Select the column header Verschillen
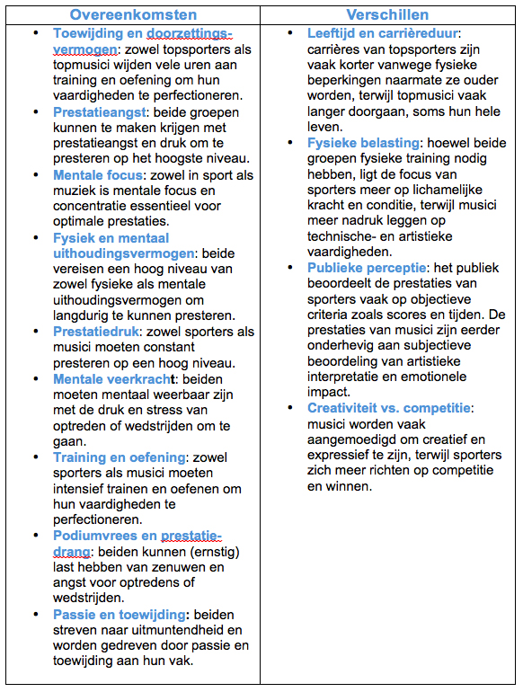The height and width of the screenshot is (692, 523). point(389,14)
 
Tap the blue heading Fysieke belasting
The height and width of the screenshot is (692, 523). point(364,143)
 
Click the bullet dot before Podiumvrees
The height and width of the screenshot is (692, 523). point(34,536)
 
